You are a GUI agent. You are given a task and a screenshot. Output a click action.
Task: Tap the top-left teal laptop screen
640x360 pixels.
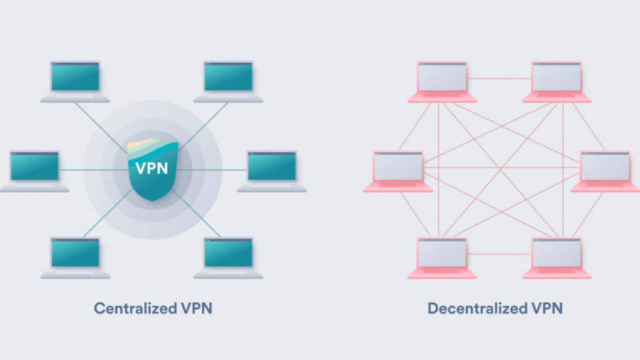pos(75,77)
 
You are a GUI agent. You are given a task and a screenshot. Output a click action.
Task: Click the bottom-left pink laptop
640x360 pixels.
pos(442,254)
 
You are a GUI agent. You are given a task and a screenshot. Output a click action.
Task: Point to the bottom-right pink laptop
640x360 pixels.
pos(556,254)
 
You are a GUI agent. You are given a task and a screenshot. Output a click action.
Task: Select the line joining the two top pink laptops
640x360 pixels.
pos(499,79)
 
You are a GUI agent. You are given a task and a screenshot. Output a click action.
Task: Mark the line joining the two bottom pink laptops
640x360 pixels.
pos(499,254)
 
